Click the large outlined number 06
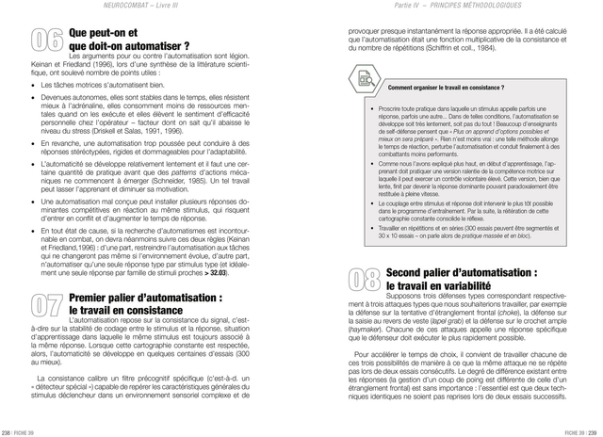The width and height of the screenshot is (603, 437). point(48,40)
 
